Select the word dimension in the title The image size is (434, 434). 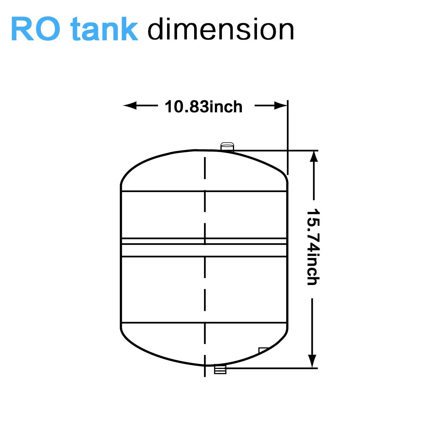coord(221,30)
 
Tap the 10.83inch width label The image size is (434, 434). coord(203,107)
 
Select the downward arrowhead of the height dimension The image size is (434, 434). coord(312,361)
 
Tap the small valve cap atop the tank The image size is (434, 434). coord(227,146)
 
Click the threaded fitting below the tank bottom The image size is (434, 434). coord(220,369)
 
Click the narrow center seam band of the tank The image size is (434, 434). coord(204,241)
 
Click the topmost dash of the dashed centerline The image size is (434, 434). coord(205,168)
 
